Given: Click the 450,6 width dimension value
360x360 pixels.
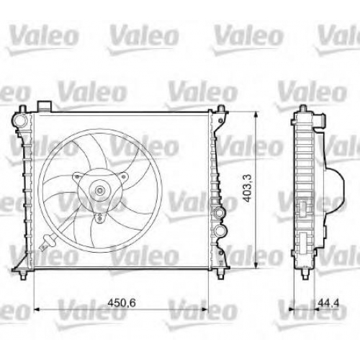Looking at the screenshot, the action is (122, 303).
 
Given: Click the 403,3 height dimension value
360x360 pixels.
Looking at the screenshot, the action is (247, 188).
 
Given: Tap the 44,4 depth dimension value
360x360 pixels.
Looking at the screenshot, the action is (328, 303).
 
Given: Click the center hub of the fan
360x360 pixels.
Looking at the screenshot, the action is (99, 191).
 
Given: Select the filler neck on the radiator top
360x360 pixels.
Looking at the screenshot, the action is (44, 107).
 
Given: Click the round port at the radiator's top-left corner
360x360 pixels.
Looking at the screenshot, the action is (19, 120).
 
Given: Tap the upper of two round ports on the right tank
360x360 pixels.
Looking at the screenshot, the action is (220, 212).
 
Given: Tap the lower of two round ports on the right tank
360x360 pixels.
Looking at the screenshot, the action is (220, 230).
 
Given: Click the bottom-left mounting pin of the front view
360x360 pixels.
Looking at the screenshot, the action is (23, 274).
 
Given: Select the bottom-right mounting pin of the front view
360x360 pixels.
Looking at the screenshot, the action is (220, 274).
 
